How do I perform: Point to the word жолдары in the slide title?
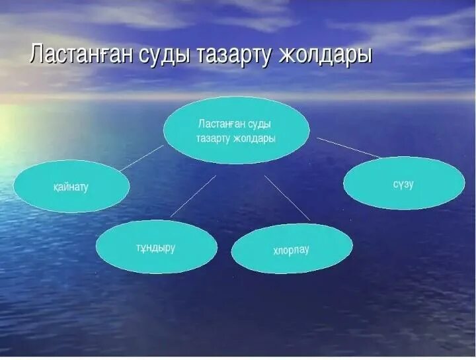tap(325, 55)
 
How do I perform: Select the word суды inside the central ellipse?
tap(260, 124)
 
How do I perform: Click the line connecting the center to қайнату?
tap(141, 158)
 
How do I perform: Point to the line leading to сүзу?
tap(348, 148)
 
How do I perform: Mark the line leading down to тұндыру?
tap(193, 196)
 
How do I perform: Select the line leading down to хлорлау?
tap(287, 197)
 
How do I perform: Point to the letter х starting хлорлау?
tap(276, 251)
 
